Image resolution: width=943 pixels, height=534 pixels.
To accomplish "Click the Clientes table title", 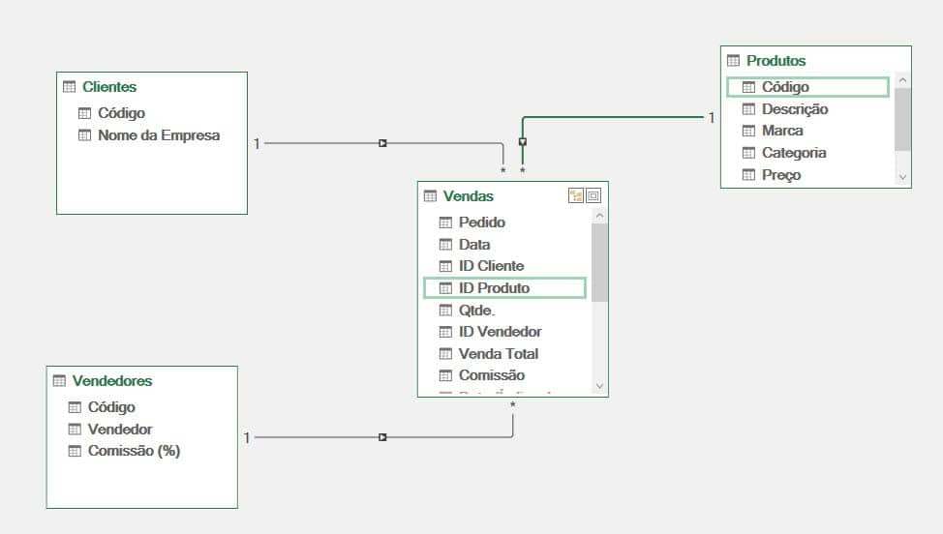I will pyautogui.click(x=109, y=87).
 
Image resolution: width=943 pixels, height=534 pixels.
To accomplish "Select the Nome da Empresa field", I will pyautogui.click(x=158, y=135).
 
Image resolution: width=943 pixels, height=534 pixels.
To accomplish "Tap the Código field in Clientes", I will pyautogui.click(x=121, y=113).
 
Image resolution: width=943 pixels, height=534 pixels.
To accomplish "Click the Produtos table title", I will pyautogui.click(x=776, y=61).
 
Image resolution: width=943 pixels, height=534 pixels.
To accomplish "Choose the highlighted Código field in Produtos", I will pyautogui.click(x=785, y=87).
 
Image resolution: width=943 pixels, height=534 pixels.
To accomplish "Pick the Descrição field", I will pyautogui.click(x=794, y=109).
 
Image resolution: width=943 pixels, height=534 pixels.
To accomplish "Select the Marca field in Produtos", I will pyautogui.click(x=782, y=131).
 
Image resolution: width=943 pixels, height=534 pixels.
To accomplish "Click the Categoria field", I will pyautogui.click(x=794, y=153).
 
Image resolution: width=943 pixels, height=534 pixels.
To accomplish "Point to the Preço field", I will pyautogui.click(x=781, y=175).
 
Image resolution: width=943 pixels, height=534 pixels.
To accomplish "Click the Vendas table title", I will pyautogui.click(x=468, y=196).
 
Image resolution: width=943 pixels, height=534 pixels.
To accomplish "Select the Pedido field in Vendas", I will pyautogui.click(x=481, y=222).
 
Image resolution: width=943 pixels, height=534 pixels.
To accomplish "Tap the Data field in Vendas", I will pyautogui.click(x=474, y=245).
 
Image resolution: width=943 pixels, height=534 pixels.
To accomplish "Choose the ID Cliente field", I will pyautogui.click(x=491, y=266).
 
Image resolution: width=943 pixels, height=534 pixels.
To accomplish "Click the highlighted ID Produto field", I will pyautogui.click(x=494, y=288).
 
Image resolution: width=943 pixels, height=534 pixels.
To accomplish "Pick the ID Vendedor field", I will pyautogui.click(x=500, y=332).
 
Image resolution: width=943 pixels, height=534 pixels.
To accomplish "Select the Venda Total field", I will pyautogui.click(x=498, y=354).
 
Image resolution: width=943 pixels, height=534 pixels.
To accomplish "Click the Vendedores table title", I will pyautogui.click(x=112, y=381).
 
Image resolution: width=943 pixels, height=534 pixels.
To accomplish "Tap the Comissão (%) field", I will pyautogui.click(x=134, y=451).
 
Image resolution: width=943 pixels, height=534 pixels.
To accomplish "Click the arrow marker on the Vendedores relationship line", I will pyautogui.click(x=382, y=437).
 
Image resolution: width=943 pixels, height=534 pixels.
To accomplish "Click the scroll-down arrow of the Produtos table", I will pyautogui.click(x=902, y=177).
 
